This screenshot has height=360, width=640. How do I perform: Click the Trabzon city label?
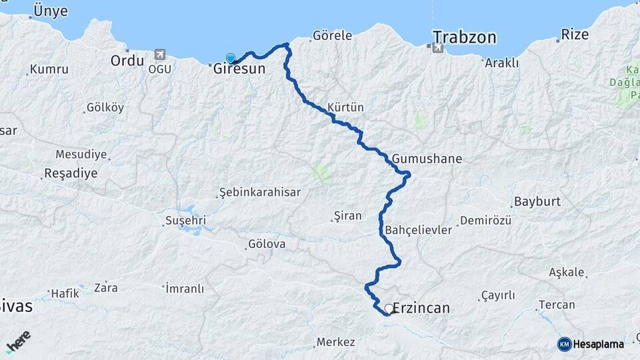click(465, 37)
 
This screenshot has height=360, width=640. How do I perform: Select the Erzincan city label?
click(421, 308)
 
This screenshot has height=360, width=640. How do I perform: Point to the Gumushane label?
click(427, 159)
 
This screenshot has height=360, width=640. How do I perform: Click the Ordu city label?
click(127, 60)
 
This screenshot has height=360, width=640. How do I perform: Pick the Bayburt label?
click(537, 201)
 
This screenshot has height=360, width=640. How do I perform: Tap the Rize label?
click(575, 34)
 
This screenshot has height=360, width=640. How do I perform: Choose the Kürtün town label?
click(345, 107)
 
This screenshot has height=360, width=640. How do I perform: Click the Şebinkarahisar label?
click(260, 193)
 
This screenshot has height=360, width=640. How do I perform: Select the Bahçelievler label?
click(419, 230)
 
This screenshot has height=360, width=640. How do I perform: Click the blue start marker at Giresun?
click(231, 59)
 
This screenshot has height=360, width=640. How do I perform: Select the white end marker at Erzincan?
click(389, 309)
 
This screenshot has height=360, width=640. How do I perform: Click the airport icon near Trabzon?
click(437, 47)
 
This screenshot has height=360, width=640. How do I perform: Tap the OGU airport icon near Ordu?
click(159, 54)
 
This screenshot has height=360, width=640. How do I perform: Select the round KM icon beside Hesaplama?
click(564, 344)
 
